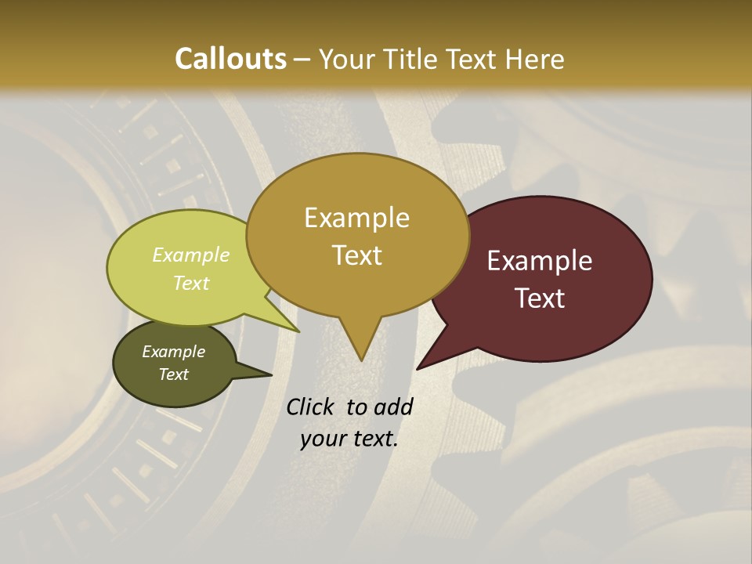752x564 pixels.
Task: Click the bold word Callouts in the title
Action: coord(230,59)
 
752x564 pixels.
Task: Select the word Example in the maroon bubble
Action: coord(540,261)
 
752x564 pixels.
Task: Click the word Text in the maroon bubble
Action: coord(540,298)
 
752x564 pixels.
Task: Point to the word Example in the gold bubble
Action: coord(356,218)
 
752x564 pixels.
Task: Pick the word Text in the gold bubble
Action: coord(357,255)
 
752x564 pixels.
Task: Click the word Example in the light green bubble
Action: coord(191,255)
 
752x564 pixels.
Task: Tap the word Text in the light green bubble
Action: coord(191,283)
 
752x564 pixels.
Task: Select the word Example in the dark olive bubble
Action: coord(174,352)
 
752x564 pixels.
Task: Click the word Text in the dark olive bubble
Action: coord(174,374)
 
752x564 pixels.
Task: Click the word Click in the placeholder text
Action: coord(312,407)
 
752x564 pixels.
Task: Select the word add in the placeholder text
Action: coord(393,407)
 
